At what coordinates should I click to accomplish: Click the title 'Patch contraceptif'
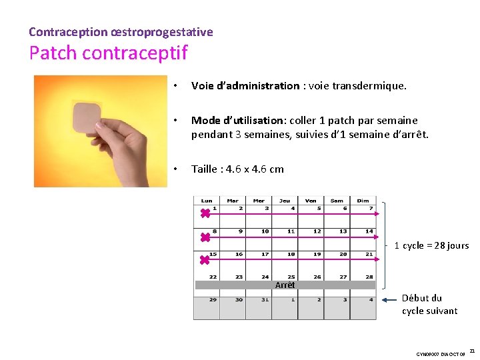[108, 53]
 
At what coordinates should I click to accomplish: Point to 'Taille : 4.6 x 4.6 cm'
[237, 169]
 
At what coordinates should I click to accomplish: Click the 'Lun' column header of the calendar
[207, 200]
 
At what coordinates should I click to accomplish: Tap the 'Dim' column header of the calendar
[363, 200]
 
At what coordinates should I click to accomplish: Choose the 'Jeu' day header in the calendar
[285, 200]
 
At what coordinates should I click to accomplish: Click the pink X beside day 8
[205, 237]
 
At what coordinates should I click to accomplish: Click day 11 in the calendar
[291, 231]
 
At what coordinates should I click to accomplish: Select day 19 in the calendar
[317, 254]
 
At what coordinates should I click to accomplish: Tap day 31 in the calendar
[265, 300]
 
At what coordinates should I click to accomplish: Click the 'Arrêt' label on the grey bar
[285, 285]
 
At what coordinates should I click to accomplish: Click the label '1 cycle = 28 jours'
[431, 245]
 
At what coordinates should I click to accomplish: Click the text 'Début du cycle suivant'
[429, 305]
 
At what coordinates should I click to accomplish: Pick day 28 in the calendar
[369, 277]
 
